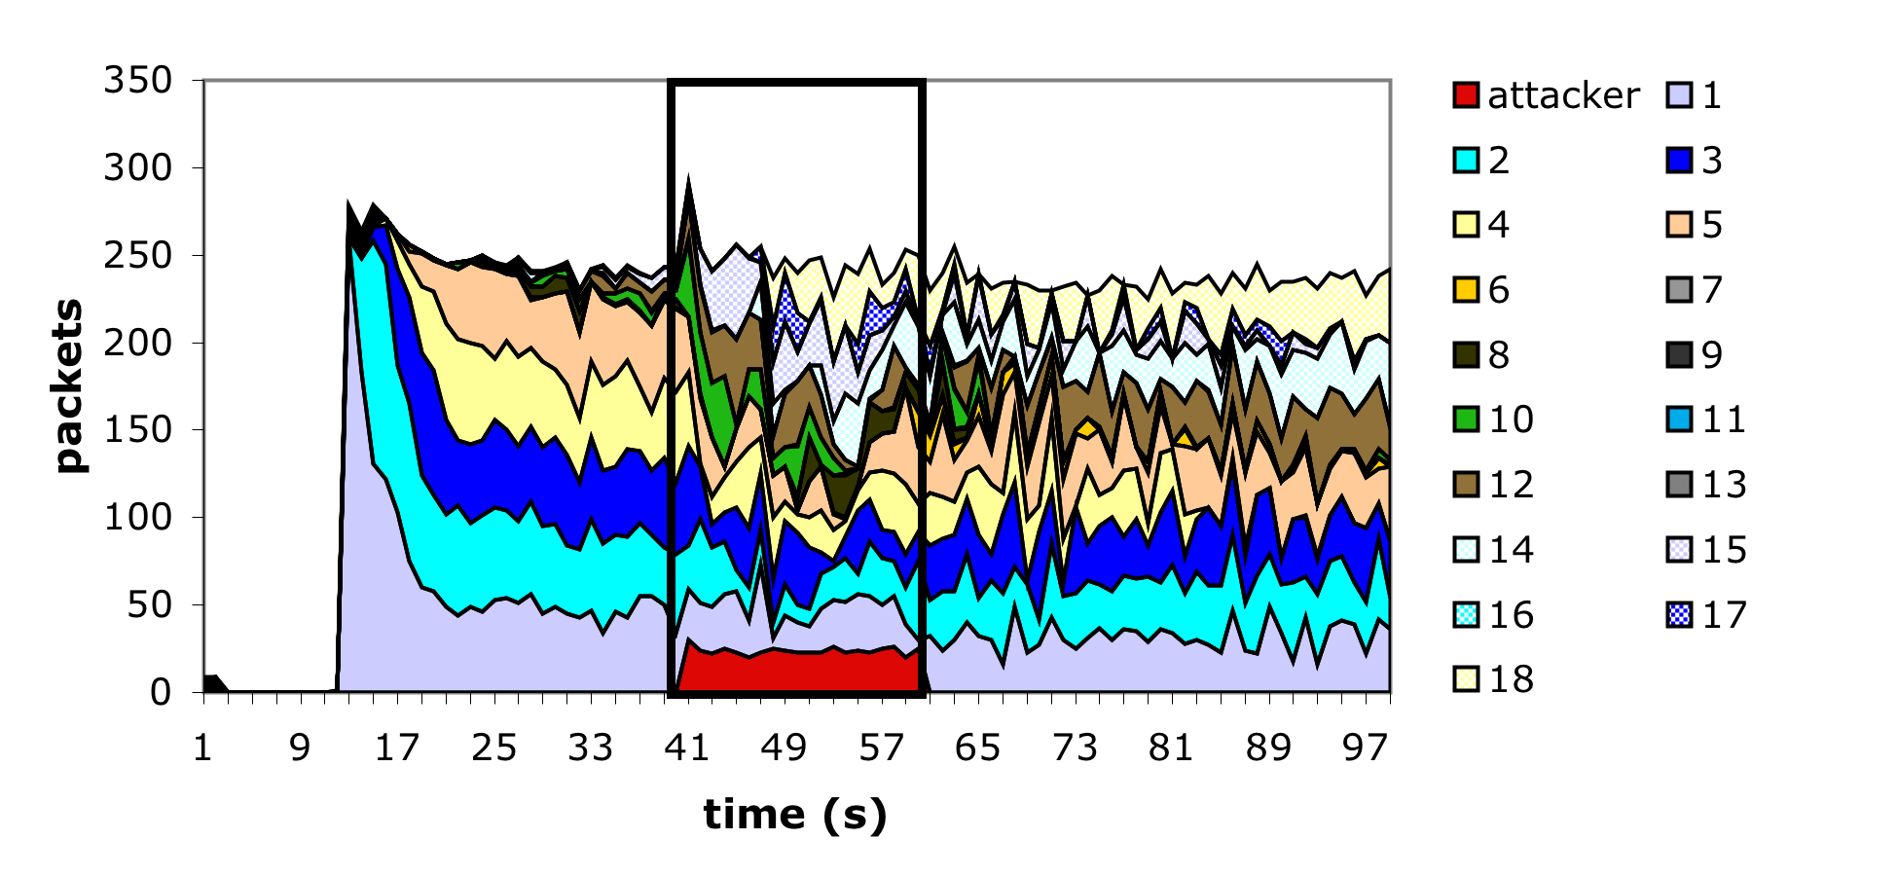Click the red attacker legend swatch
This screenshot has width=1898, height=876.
(1466, 95)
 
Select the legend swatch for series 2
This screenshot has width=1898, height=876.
(1466, 160)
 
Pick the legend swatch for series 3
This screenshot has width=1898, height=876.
(1679, 160)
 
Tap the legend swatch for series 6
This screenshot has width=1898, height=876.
(1466, 290)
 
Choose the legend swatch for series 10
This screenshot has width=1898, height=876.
(1466, 420)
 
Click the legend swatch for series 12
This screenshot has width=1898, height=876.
(1466, 485)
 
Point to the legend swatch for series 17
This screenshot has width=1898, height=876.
(1679, 615)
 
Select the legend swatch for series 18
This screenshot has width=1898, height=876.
(1466, 679)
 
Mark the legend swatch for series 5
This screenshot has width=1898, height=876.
(1679, 225)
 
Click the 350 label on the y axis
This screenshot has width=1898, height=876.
(137, 80)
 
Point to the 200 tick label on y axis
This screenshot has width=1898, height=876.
(137, 343)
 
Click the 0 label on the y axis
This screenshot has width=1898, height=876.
(161, 692)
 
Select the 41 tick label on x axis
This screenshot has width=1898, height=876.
(687, 748)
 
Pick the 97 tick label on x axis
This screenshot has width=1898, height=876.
(1365, 748)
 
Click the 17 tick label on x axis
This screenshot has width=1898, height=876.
(397, 748)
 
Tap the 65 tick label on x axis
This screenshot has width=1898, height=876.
(977, 748)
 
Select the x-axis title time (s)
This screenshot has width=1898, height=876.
(795, 814)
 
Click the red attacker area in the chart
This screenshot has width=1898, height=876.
(798, 672)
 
